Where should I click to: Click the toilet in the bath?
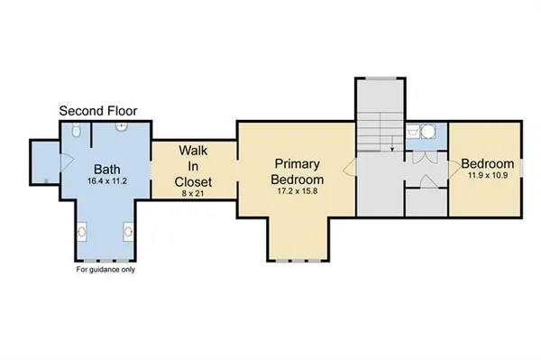point(79,132)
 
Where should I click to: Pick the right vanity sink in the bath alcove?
point(127,231)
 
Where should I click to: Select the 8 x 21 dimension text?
point(188,192)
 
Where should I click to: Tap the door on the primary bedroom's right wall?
point(349,166)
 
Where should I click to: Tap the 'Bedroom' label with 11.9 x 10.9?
point(488,164)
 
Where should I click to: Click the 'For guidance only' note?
point(107,270)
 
